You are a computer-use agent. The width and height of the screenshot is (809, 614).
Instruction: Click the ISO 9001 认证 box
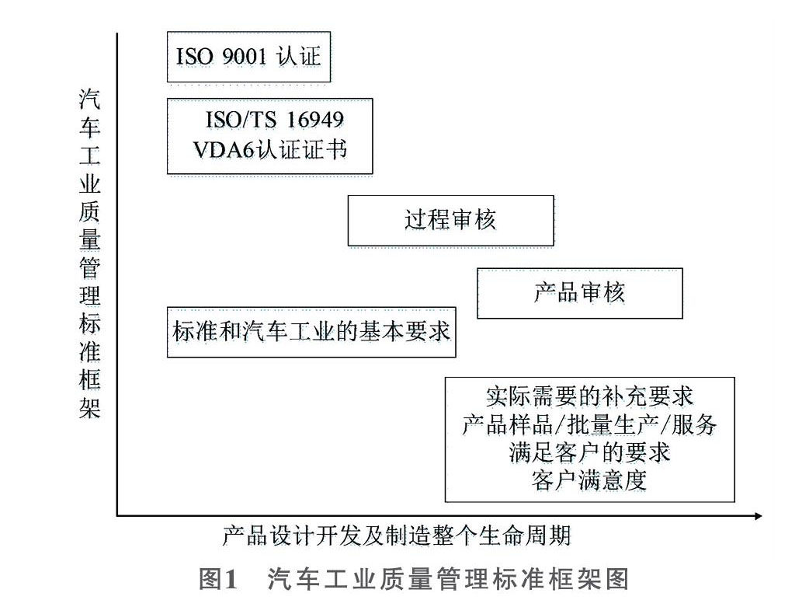pos(249,57)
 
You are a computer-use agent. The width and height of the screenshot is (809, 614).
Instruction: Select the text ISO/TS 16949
pos(274,121)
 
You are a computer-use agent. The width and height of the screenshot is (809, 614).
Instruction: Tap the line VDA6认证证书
pos(270,148)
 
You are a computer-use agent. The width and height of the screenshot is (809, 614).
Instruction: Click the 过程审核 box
pos(450,221)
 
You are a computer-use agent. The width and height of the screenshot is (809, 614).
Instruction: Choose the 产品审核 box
pos(579,293)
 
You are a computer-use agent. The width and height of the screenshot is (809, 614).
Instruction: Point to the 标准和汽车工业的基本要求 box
pos(311,332)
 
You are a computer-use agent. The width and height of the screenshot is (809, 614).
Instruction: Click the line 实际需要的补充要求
pos(589,397)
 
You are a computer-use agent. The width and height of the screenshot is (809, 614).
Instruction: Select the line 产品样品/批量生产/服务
pos(589,425)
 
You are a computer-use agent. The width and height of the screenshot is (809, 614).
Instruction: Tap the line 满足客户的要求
pos(589,452)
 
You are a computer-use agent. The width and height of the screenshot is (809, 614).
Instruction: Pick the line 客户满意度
pos(589,480)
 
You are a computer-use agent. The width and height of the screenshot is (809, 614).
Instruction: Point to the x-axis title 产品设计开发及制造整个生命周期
pos(397,536)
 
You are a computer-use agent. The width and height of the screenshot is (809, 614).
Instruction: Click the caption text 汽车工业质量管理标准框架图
pos(447,580)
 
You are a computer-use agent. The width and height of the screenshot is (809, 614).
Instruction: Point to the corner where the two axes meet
pos(117,515)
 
